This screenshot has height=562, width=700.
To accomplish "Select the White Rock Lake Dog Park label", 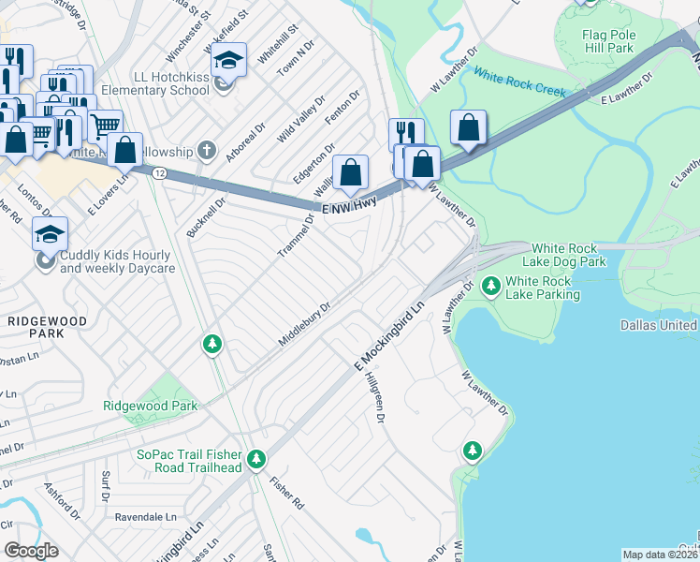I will click(x=563, y=255).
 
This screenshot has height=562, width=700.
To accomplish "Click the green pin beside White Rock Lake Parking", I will click(x=489, y=285).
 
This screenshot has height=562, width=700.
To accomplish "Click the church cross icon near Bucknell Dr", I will click(x=207, y=151).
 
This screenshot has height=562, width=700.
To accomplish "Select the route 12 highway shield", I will click(x=160, y=173).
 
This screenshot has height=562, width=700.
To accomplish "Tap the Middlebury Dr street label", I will click(x=305, y=324).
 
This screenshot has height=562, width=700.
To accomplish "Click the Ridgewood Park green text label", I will click(x=150, y=407).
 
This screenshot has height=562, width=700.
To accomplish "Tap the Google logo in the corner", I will click(x=31, y=551).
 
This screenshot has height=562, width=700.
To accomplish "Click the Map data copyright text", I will click(x=660, y=555).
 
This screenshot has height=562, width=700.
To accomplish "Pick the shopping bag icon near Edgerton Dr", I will click(x=350, y=172).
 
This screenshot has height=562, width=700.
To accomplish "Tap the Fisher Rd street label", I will click(x=286, y=495).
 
